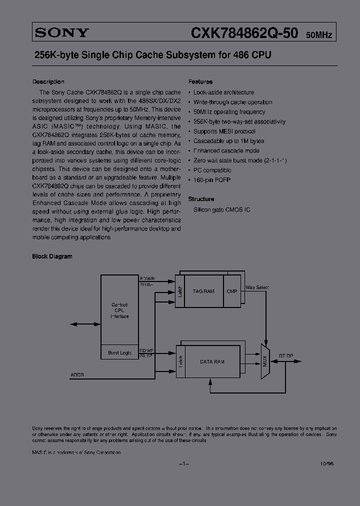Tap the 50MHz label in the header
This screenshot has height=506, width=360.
point(318,35)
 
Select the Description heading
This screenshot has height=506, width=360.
point(48,81)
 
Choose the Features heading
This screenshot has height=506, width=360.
point(200,81)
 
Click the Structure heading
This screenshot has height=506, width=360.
point(201,198)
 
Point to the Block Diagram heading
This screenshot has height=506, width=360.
point(52,256)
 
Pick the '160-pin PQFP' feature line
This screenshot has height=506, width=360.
point(212,179)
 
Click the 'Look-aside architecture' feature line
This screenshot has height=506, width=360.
point(223,92)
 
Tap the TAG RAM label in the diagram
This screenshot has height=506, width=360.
point(203,291)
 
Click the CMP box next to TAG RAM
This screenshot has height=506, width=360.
point(232,291)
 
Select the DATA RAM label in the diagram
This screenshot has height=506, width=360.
point(212,361)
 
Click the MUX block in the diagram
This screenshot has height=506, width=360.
point(265,361)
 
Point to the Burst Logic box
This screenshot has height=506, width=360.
point(119,353)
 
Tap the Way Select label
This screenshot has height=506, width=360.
point(257,287)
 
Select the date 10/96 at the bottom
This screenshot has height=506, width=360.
point(327,464)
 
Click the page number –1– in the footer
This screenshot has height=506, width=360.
point(184,464)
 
